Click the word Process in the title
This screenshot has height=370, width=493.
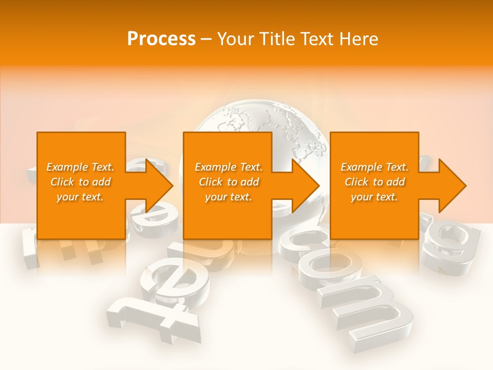point(161,39)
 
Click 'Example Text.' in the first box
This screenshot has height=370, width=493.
point(80,167)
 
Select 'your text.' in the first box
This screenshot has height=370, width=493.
point(80,197)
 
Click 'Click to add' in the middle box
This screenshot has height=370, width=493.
point(229,182)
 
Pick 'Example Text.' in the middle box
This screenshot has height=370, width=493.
point(229,167)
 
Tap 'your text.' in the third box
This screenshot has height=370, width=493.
point(374,197)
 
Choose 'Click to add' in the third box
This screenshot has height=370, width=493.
point(374,182)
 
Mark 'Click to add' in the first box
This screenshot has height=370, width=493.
point(80,182)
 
